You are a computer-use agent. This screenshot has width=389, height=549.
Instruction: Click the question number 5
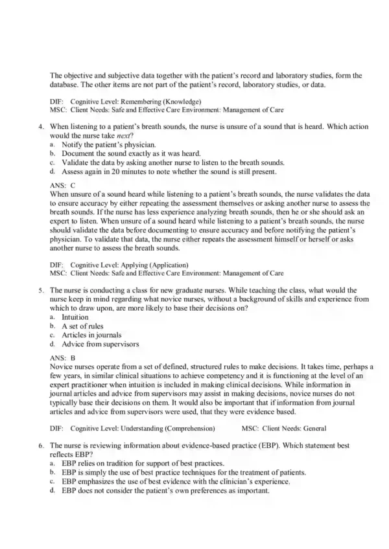(40, 292)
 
